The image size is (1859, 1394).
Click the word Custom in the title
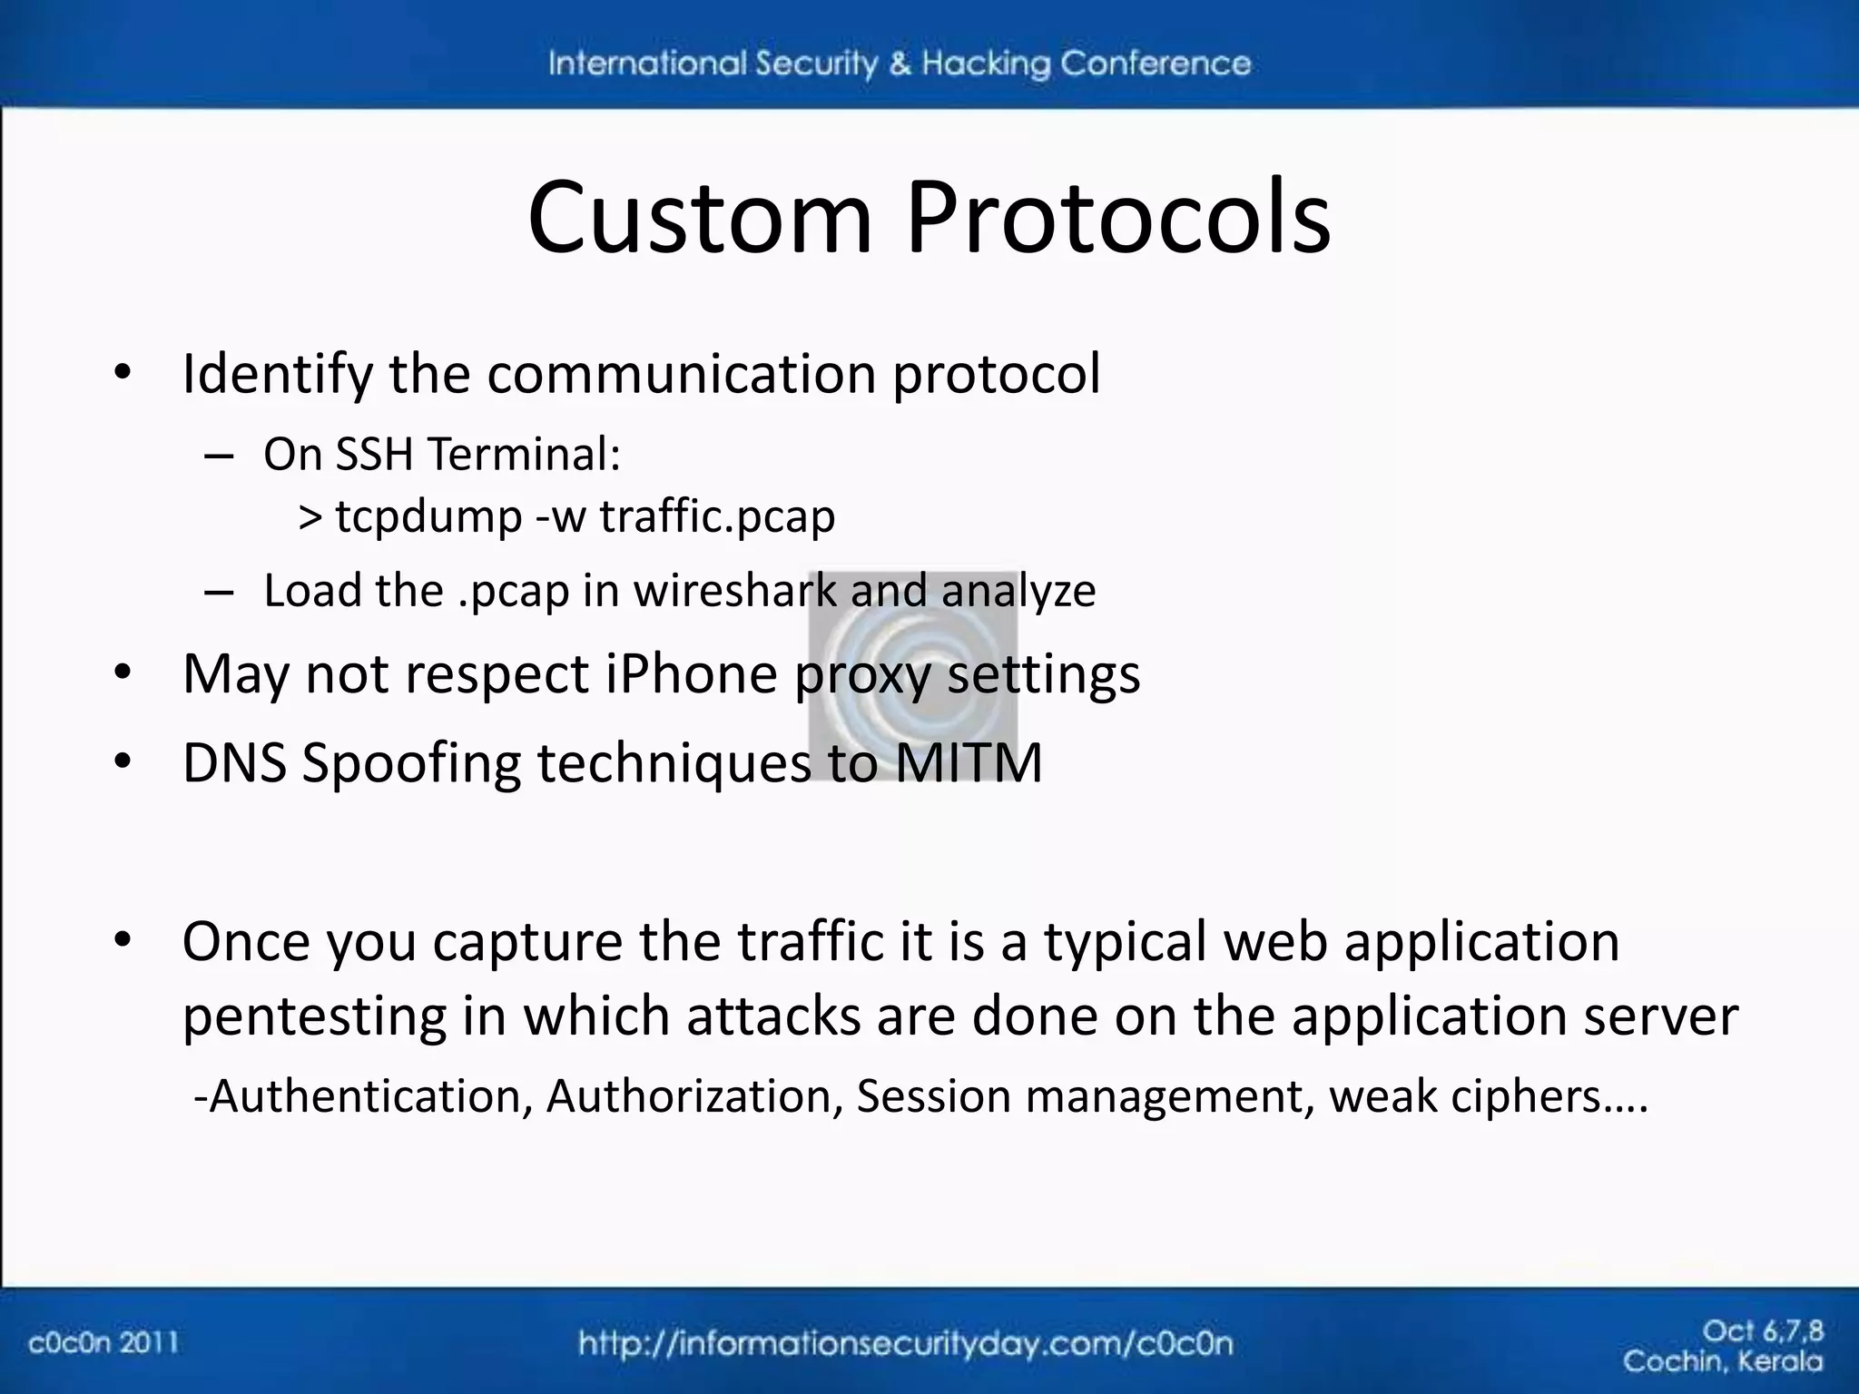(699, 218)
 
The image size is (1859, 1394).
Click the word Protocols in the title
(1118, 218)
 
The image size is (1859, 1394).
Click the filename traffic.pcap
(717, 516)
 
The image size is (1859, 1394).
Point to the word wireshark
(736, 591)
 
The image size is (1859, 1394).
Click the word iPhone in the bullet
(692, 674)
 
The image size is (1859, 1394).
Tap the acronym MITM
(969, 762)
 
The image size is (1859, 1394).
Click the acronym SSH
(374, 454)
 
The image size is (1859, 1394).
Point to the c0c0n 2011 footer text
(103, 1342)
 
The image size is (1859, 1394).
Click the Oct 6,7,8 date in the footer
(1762, 1331)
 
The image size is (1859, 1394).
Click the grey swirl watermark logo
(912, 676)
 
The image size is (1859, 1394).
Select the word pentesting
(314, 1016)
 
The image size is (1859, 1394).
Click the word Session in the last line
(933, 1096)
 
